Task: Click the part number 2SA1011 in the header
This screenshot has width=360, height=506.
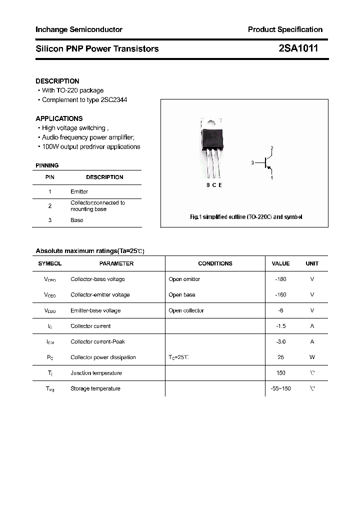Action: click(297, 48)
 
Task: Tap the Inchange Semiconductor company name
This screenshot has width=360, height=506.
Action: click(79, 29)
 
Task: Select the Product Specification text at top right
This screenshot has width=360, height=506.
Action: click(285, 29)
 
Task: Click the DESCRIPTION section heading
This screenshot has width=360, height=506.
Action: click(57, 81)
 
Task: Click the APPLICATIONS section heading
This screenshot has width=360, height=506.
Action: click(59, 118)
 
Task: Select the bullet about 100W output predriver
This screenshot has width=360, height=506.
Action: click(90, 146)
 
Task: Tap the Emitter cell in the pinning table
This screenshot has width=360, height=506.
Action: click(79, 191)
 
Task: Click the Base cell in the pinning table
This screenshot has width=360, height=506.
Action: click(76, 220)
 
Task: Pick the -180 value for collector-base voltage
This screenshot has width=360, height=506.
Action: click(280, 279)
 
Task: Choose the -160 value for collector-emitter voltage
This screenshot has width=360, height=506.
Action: click(280, 294)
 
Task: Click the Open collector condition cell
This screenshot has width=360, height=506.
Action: click(186, 310)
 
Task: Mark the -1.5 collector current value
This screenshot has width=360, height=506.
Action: click(280, 326)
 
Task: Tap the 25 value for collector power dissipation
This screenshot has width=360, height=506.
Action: click(280, 357)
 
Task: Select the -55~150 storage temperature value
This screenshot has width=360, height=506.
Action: click(280, 388)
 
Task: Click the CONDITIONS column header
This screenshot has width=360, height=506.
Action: click(215, 263)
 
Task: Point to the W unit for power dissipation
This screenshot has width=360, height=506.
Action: click(312, 357)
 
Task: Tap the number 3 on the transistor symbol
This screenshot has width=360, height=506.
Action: click(253, 163)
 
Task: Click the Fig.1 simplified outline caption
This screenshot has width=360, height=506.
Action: click(246, 217)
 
